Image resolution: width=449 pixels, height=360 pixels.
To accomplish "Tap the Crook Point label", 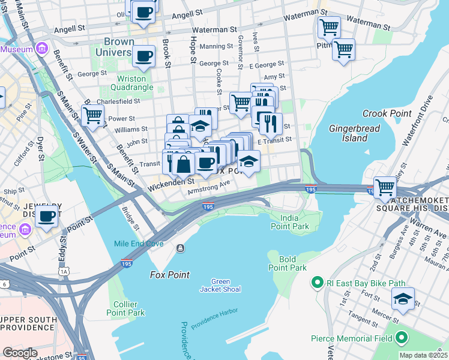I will click(387, 113).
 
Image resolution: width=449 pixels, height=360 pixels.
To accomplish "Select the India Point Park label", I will click(289, 221).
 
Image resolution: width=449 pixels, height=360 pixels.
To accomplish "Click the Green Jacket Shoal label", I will click(220, 286).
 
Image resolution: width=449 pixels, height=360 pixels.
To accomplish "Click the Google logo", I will click(20, 353).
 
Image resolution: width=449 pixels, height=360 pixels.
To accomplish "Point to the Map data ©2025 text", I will click(423, 355).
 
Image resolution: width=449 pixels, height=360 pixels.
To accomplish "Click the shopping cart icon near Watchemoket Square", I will click(384, 187).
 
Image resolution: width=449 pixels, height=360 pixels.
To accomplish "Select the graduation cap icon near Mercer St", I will click(403, 298).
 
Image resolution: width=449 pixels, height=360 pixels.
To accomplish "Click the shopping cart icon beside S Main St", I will click(93, 114).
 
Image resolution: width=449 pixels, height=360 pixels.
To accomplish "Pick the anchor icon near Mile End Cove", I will click(180, 248).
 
